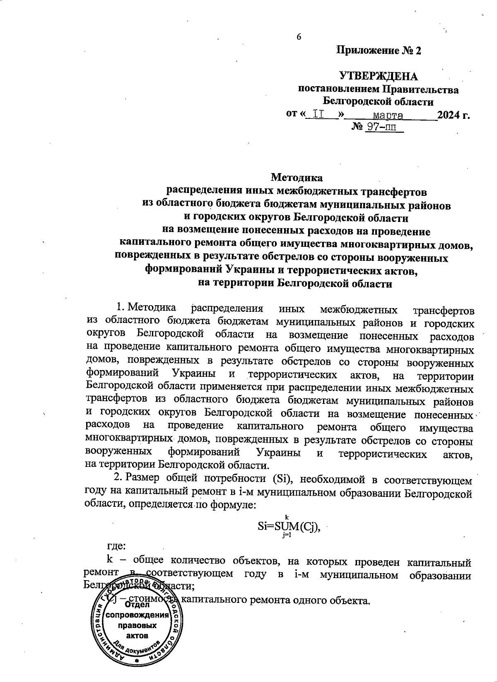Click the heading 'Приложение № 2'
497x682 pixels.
pos(379,51)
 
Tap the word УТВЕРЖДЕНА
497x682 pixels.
pos(379,76)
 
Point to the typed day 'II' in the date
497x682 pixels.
pos(318,114)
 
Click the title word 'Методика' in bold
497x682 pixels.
pos(297,178)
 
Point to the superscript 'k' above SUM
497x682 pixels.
pos(286,516)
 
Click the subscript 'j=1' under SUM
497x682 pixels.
pos(286,535)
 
